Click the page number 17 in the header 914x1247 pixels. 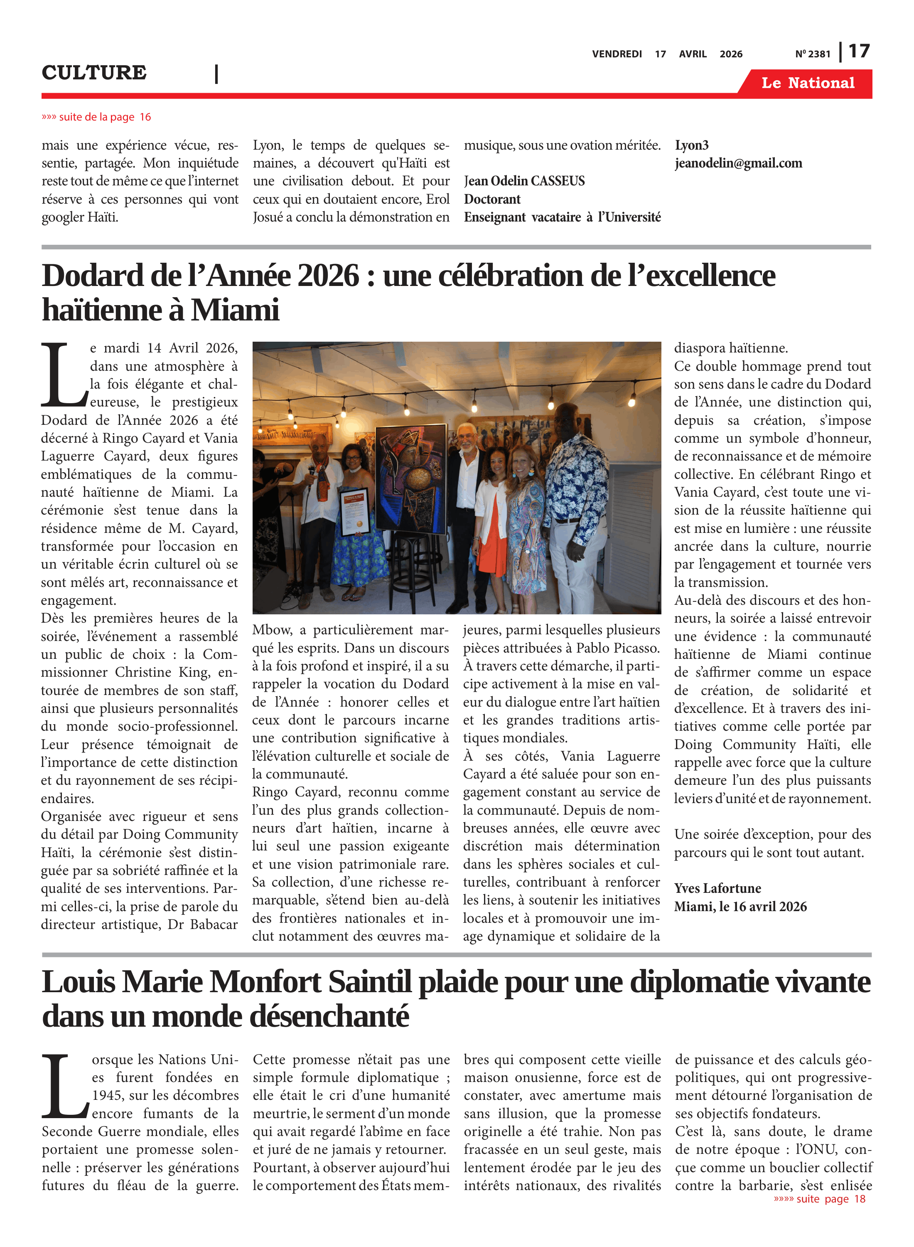tap(859, 52)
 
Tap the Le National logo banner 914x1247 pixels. tap(807, 83)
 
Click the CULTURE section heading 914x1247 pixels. tap(94, 72)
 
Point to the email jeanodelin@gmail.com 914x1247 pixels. tap(738, 163)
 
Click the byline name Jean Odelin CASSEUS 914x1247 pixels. tap(524, 181)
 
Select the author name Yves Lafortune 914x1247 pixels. tap(717, 888)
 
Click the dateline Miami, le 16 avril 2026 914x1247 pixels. tap(740, 907)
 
